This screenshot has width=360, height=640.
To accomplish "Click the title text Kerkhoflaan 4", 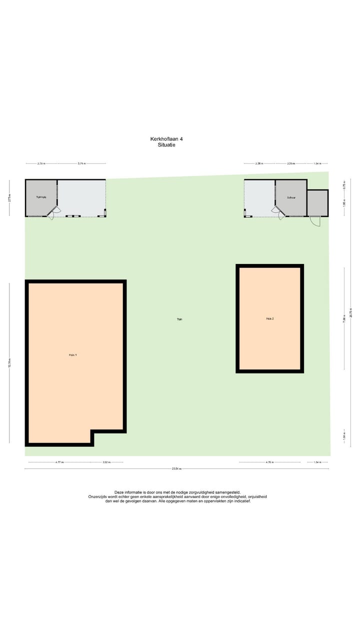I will click(x=170, y=139).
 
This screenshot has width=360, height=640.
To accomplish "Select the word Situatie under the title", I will click(x=166, y=145).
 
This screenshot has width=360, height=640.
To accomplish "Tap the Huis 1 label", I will click(x=73, y=355).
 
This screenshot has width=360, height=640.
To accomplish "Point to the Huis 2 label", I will click(x=269, y=318).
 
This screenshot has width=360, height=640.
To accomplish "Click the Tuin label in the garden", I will click(x=179, y=318).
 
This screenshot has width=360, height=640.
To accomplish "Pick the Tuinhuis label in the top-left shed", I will click(x=41, y=197).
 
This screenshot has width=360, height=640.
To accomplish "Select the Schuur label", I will click(x=291, y=198).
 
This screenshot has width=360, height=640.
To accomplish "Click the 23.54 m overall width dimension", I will click(x=176, y=469).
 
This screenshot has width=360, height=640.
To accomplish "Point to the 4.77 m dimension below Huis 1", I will click(x=59, y=462).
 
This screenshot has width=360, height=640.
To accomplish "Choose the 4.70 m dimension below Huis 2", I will click(x=270, y=462).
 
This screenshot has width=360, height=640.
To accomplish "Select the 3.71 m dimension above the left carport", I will click(x=81, y=163).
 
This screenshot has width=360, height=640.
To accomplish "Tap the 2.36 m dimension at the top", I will click(x=259, y=163).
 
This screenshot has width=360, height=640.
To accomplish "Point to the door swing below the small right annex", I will click(x=314, y=221).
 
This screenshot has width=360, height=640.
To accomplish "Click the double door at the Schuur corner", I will click(x=277, y=213).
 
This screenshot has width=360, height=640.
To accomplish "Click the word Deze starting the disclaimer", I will click(x=120, y=492).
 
